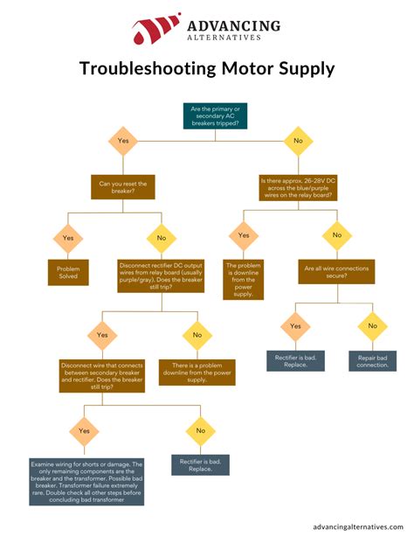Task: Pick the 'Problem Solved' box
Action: tap(69, 273)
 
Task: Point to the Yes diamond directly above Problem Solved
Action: tap(69, 236)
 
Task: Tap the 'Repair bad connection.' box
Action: tap(373, 360)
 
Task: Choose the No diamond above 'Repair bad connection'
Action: tap(373, 327)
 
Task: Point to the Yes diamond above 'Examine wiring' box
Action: tap(85, 430)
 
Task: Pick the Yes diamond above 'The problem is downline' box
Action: tap(244, 236)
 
